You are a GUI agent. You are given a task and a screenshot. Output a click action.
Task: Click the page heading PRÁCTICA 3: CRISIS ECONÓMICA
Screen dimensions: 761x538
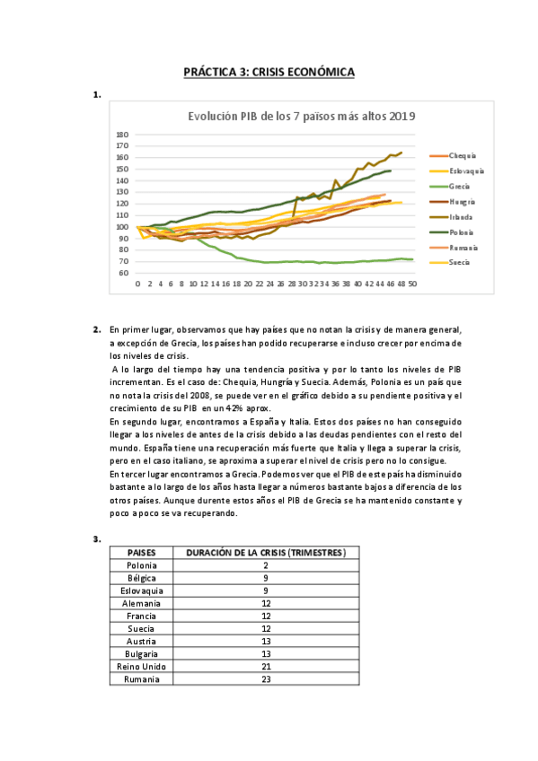269,71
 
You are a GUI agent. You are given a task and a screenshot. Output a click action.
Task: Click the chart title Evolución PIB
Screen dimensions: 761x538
301,116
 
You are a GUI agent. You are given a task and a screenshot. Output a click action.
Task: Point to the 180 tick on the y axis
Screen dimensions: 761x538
122,135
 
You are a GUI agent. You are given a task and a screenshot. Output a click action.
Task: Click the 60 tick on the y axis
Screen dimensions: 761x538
124,273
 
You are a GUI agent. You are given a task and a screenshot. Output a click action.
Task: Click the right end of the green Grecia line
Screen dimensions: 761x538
411,259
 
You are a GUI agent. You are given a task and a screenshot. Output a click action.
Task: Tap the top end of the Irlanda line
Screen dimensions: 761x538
401,153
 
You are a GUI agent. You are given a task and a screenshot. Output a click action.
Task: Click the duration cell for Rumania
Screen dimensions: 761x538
267,679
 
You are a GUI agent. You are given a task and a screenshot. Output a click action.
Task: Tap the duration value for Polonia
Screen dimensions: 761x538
267,565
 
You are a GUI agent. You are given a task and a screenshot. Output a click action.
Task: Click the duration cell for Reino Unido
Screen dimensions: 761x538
267,667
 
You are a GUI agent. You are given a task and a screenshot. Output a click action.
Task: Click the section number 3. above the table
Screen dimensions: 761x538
96,538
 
